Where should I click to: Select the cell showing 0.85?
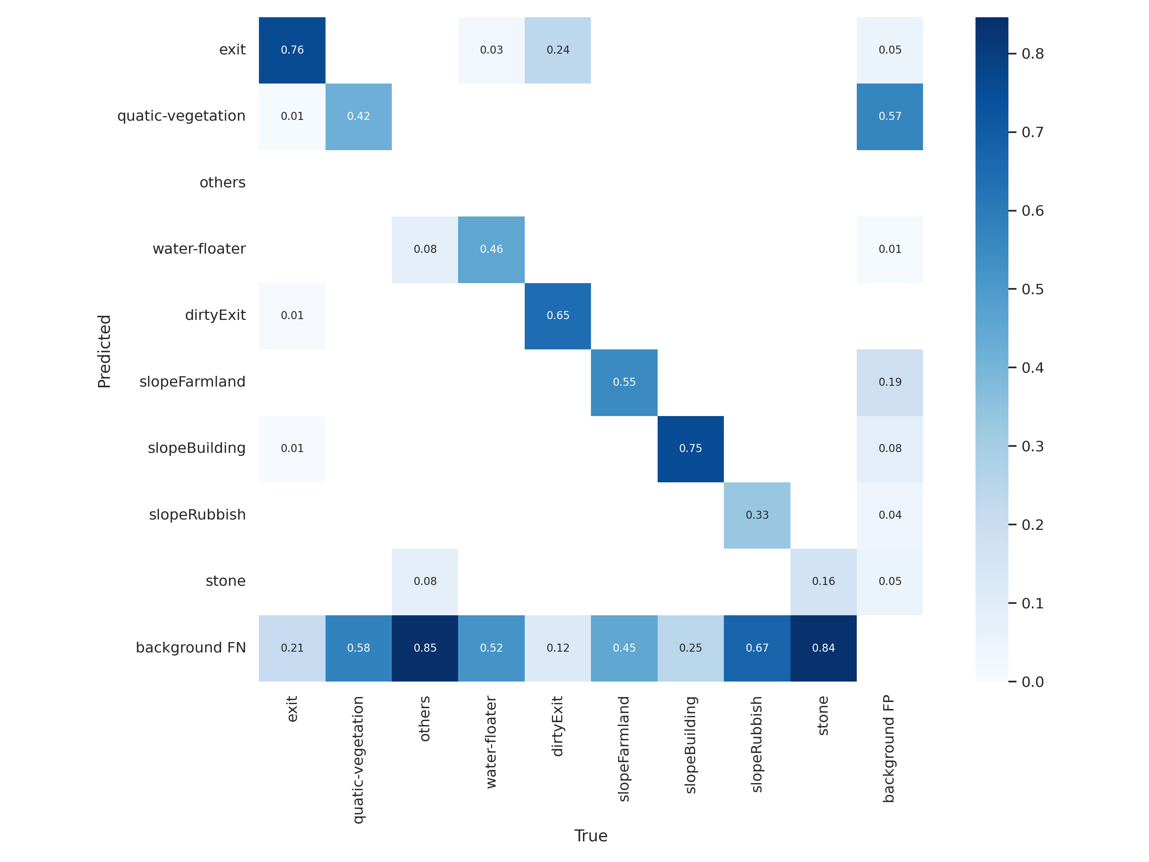click(x=425, y=648)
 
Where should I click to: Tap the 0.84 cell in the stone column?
click(x=823, y=648)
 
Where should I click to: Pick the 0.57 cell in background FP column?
click(x=890, y=116)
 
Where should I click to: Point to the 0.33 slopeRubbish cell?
click(x=757, y=515)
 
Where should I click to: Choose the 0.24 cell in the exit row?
click(x=558, y=50)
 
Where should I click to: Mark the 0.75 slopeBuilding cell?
click(x=690, y=448)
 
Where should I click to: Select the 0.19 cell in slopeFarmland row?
click(x=890, y=382)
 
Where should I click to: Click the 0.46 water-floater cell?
click(x=491, y=249)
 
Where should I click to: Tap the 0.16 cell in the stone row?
click(x=823, y=582)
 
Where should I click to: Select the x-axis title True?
click(x=591, y=836)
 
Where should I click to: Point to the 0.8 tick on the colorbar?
click(x=1032, y=54)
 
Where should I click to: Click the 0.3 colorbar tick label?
click(x=1032, y=446)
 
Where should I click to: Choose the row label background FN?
click(x=191, y=647)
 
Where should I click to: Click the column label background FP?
click(x=889, y=748)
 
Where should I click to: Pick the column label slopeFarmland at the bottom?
click(x=624, y=748)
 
